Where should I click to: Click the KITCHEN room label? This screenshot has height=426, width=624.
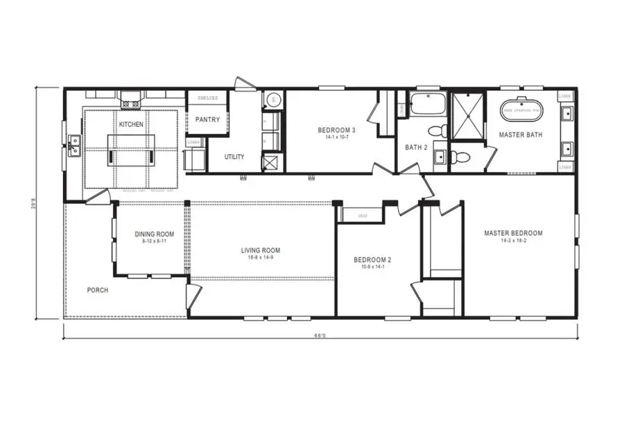pos(131,124)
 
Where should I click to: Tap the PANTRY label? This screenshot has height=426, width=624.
pos(207,120)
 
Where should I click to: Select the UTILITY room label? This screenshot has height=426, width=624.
pos(234,157)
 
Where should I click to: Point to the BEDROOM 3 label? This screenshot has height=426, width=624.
pos(336,130)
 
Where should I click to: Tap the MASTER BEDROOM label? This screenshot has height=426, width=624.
pos(513,233)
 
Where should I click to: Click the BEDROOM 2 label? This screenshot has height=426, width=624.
pos(373,260)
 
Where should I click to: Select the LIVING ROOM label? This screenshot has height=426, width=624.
pos(261,250)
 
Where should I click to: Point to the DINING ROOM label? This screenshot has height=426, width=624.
pos(155,235)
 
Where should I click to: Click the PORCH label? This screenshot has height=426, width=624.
pos(98,290)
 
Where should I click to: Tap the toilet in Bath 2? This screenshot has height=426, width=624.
pos(437,130)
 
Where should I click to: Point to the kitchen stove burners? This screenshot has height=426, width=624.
pos(130,101)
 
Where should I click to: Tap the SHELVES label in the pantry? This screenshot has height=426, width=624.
pos(207,99)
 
